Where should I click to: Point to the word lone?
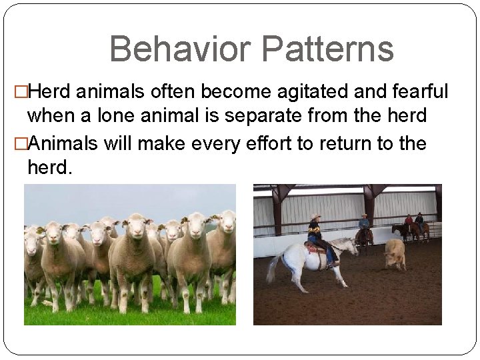coord(126,115)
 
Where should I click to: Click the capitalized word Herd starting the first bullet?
coord(55,91)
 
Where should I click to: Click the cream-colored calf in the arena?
coord(394,253)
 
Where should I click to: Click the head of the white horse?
coord(353,246)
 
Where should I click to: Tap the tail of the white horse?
coord(274,267)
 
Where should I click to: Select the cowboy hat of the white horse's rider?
coord(315,217)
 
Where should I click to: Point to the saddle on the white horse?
coord(314,247)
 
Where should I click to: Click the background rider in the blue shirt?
coord(363,221)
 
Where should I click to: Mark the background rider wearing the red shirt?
coord(408,221)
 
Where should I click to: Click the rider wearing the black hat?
coord(419,221)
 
